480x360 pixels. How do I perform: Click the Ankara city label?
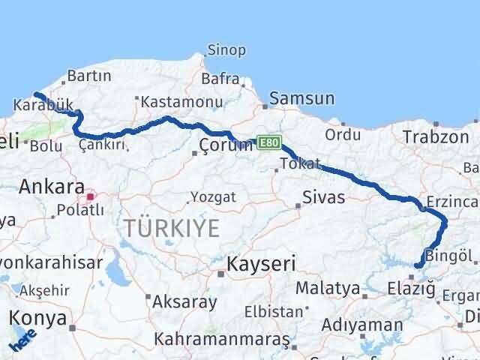(51, 186)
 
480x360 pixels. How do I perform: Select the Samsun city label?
(301, 98)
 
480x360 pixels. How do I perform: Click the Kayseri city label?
(262, 263)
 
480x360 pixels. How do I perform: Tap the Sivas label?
(323, 197)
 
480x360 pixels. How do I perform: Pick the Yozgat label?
(214, 196)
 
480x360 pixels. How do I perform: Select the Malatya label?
(328, 287)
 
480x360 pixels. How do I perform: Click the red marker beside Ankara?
(91, 197)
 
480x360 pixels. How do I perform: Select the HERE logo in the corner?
(22, 342)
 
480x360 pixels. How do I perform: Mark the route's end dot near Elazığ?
(417, 265)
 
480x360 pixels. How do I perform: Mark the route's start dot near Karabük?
(35, 94)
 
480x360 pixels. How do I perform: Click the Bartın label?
(89, 76)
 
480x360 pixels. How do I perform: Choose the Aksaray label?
(184, 302)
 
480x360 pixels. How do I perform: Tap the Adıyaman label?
(362, 325)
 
